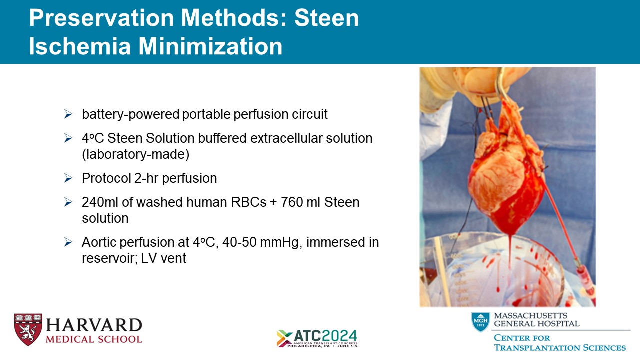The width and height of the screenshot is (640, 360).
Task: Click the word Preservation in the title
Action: coord(102,18)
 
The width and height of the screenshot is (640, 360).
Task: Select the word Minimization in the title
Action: coord(210,46)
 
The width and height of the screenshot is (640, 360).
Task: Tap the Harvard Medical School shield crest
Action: coord(28,329)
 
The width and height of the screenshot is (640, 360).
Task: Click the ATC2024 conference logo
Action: coord(317,338)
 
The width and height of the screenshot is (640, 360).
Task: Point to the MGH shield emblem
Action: coord(481,322)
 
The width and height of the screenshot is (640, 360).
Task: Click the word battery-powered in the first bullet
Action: coord(131,114)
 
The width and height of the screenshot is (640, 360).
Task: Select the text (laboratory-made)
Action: coord(135,154)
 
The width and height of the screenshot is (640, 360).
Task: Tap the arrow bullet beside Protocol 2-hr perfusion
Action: coord(68,178)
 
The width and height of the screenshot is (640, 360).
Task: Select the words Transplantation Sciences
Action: coord(560,348)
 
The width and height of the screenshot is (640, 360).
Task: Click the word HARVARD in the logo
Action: coord(94,325)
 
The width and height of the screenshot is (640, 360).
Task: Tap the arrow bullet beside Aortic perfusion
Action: coord(68,242)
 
